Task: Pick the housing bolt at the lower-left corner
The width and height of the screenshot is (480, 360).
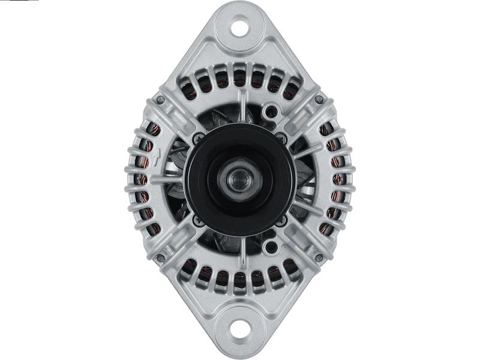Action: tap(160, 259)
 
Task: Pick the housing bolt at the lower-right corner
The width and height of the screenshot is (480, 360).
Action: tap(320, 259)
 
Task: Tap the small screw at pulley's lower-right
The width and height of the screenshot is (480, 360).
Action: tap(281, 220)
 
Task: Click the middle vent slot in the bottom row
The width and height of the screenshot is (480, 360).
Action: tap(240, 279)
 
